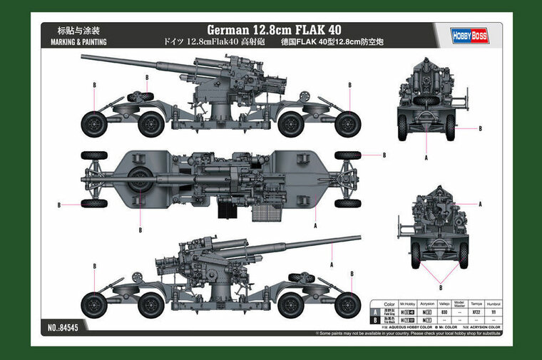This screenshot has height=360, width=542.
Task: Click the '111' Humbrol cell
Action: (494, 312)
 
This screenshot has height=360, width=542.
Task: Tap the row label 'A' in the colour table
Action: (376, 312)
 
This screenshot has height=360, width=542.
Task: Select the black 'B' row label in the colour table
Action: (376, 321)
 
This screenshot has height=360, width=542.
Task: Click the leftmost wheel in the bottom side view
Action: (93, 305)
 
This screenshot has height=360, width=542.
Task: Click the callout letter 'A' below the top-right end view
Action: (426, 157)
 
